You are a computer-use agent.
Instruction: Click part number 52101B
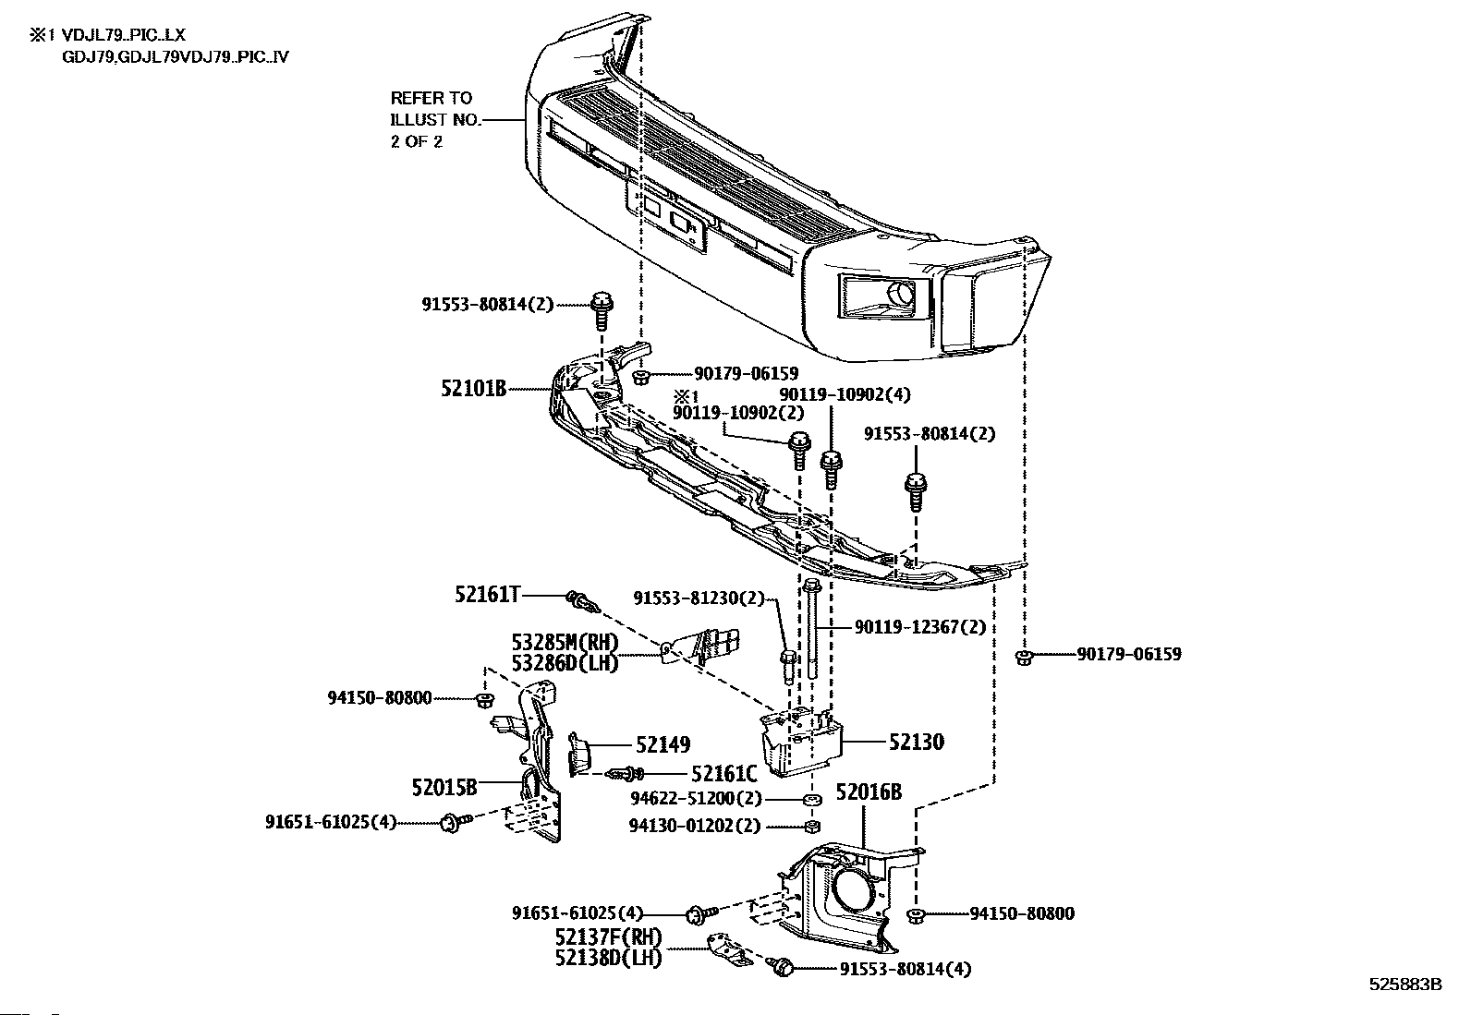coord(473,389)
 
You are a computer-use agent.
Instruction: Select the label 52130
coord(917,742)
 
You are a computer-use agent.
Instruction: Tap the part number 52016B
coord(869,791)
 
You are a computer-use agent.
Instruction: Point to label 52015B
coord(444,787)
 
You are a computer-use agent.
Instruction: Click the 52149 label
coord(663,744)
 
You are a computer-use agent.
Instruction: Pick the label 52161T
coord(488,594)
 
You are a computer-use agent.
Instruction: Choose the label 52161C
coord(724,773)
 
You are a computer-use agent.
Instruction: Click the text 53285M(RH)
coord(565,642)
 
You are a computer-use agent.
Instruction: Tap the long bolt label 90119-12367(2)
coord(919,627)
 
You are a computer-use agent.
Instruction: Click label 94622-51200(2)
coord(696,798)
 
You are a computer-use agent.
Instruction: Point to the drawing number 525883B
coord(1404,985)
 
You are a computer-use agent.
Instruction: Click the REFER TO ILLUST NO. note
coord(431,119)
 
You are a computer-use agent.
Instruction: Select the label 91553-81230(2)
coord(699,598)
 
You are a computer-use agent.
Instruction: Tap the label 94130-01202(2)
coord(696,826)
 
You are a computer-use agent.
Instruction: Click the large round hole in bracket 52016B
coord(851,890)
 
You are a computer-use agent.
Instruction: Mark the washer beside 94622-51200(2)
coord(811,799)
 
